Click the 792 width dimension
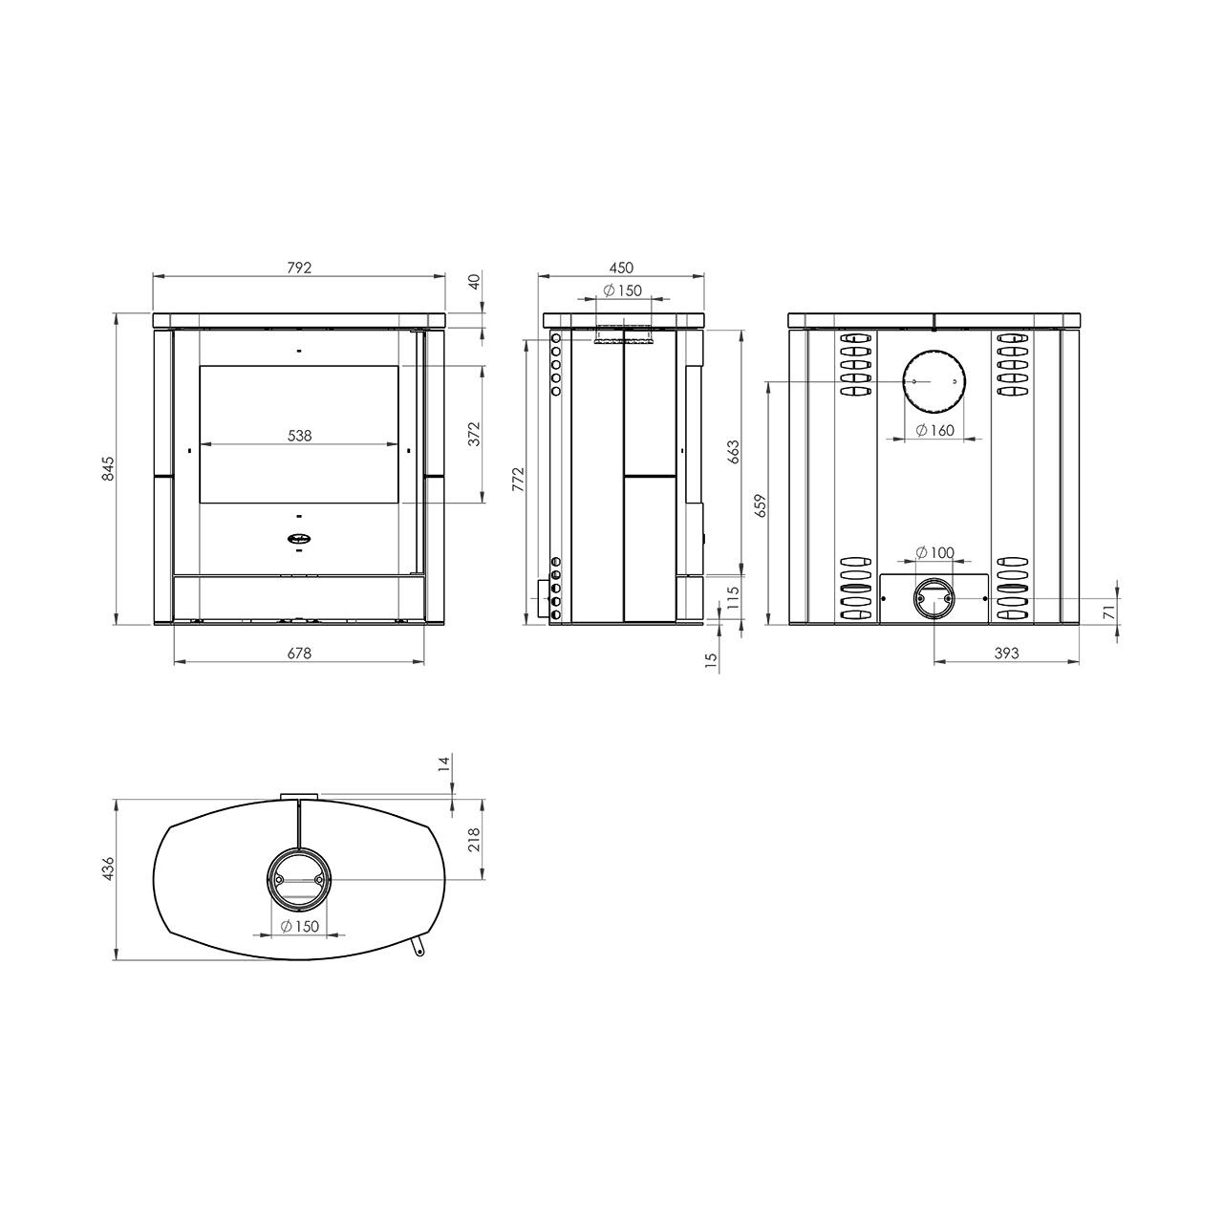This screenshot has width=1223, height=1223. coord(299,268)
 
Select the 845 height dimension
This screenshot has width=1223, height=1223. coord(109,468)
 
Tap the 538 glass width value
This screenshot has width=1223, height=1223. coord(300,436)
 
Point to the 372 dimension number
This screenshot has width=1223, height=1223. coord(475,434)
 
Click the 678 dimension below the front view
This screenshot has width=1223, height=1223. coord(299,653)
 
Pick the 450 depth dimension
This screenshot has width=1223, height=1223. coord(621,268)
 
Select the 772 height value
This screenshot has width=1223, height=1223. coord(519,480)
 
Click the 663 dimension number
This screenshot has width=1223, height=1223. coord(733,452)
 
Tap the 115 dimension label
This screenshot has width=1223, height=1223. coord(733,598)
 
